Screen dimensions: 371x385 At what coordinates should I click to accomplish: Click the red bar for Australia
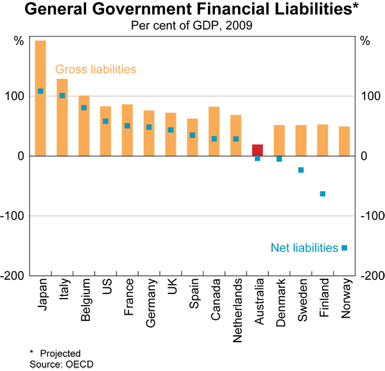[x=257, y=150]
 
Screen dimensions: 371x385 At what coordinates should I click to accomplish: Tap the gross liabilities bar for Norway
[x=345, y=141]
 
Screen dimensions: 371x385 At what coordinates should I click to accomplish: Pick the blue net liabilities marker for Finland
[x=323, y=194]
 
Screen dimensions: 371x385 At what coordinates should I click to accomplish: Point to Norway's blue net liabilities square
[x=345, y=248]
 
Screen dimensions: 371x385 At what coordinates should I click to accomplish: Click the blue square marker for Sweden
[x=301, y=170]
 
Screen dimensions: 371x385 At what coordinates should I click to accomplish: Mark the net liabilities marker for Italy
[x=62, y=95]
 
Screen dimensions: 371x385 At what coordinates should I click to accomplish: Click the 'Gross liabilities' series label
[x=96, y=69]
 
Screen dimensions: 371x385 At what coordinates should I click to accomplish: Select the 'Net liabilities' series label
[x=304, y=247]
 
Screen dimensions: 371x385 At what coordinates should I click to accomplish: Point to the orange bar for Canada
[x=214, y=131]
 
